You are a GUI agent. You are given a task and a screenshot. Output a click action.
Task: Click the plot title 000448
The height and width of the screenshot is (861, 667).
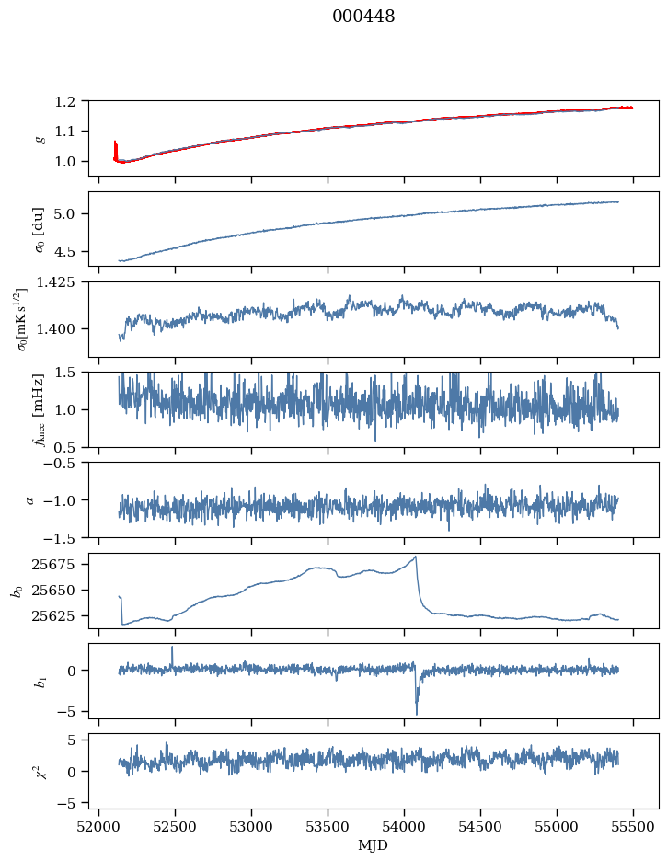363,17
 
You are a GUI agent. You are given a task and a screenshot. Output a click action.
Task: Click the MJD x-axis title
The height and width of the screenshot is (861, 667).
374,844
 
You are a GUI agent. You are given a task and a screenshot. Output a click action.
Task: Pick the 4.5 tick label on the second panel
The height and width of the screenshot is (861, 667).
71,251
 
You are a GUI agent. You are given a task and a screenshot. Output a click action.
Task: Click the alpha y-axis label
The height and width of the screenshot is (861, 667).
30,499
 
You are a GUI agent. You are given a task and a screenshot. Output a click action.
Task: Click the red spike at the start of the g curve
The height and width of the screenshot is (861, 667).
115,145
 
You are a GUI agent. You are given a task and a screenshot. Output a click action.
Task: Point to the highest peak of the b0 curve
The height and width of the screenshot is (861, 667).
416,557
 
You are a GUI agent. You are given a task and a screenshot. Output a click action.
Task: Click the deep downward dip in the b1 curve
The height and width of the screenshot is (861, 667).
416,712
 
